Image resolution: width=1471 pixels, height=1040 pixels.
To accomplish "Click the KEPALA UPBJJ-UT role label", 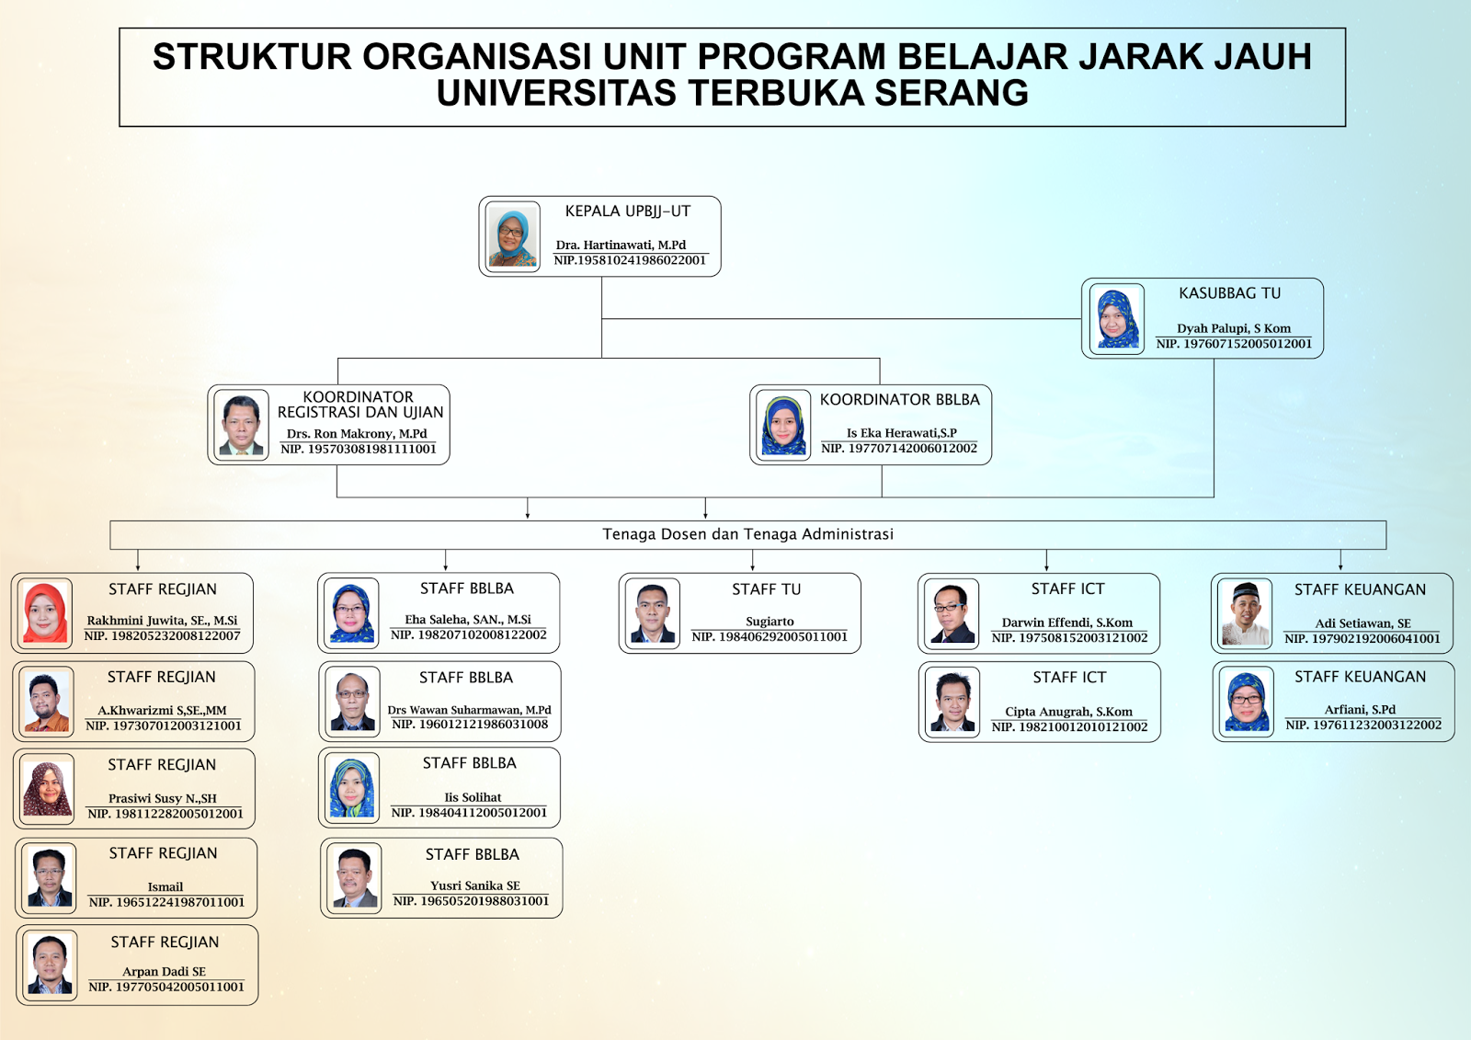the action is coord(628,211).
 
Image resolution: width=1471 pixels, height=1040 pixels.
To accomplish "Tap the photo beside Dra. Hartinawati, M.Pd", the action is coord(512,236).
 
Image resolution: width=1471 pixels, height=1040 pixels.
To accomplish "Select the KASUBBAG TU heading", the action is coord(1229,293).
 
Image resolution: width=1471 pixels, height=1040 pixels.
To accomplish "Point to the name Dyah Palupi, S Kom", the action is coord(1233,328).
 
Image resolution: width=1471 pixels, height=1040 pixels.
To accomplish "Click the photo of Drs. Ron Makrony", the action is coord(241,425).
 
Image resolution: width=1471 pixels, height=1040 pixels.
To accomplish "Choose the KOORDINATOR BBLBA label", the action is coord(900,399).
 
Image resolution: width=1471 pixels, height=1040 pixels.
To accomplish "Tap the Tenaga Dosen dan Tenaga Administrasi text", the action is coord(748,534).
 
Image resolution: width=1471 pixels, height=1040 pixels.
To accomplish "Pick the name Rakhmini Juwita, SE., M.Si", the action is coord(162,620).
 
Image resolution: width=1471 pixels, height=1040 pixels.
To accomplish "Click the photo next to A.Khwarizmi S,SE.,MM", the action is coord(47,702).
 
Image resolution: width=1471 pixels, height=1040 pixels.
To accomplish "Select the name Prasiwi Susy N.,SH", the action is coord(162,798).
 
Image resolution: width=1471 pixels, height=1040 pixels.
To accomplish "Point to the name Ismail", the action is coord(165,886).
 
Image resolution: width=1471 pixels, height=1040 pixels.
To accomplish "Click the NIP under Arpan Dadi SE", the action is coord(166,987).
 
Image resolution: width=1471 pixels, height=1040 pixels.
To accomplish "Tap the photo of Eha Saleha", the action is coord(352,613).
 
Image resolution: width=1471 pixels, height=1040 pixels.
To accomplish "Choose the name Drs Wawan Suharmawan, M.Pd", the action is coord(469,710).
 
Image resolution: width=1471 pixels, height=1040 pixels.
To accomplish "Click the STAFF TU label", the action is coord(767,589).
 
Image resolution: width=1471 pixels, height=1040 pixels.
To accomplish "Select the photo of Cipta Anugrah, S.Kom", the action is coord(952,702).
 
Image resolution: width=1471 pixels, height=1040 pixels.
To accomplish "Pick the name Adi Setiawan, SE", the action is coord(1363,623).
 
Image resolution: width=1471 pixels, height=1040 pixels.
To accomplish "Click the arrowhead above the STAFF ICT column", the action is coord(1046,566).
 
